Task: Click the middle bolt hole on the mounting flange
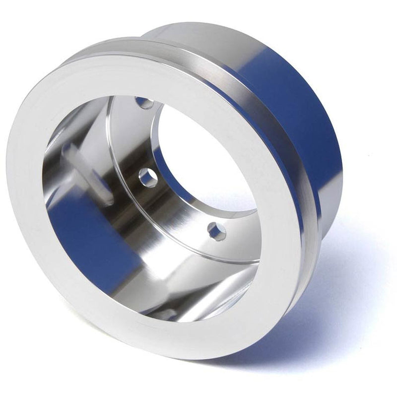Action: pyautogui.click(x=148, y=178)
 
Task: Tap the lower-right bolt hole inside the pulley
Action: pyautogui.click(x=216, y=231)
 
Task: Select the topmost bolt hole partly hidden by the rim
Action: pyautogui.click(x=144, y=103)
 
